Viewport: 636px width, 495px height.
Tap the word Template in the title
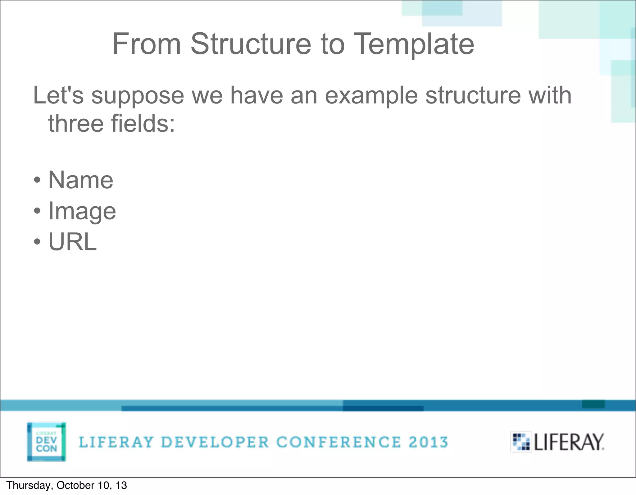413,44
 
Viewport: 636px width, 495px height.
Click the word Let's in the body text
58,95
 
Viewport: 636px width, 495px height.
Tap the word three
76,123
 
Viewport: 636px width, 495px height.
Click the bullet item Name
81,180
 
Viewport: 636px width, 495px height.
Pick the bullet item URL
73,242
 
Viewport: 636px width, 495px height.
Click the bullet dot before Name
37,180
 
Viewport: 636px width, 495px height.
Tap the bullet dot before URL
37,242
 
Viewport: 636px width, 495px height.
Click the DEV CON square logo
47,442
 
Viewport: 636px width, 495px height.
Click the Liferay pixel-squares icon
521,442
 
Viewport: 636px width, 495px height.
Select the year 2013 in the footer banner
428,442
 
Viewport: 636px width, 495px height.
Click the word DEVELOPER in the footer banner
215,442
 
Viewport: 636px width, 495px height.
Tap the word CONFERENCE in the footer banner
338,442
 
